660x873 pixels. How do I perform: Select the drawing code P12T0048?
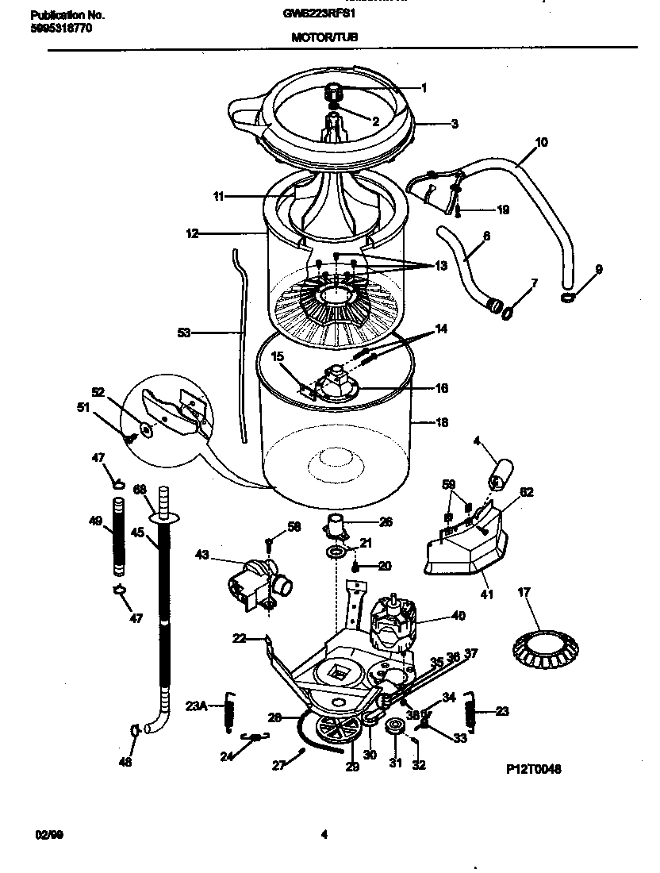pos(533,769)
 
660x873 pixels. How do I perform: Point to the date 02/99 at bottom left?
pos(49,834)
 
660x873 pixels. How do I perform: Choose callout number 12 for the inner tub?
pos(192,233)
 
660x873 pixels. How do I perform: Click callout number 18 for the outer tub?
pos(443,423)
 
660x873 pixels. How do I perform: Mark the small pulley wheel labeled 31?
pos(393,727)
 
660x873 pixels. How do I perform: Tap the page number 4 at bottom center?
pos(324,834)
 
